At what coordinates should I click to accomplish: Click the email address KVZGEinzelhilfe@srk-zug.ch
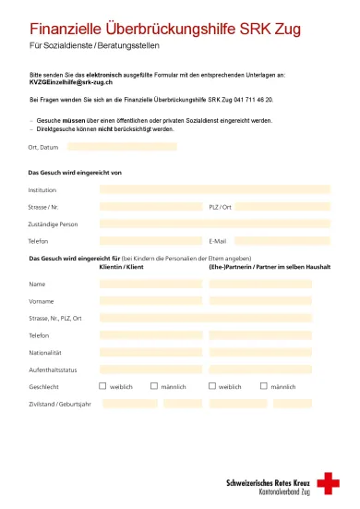click(70, 83)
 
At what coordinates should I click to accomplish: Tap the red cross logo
click(328, 483)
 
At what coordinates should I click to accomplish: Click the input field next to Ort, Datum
click(122, 147)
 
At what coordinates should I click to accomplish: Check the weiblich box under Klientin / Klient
click(102, 386)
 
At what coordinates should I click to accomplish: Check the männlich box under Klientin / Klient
click(153, 386)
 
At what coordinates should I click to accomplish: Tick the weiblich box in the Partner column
click(211, 386)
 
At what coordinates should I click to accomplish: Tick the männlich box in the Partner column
click(263, 386)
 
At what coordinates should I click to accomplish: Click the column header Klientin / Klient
click(122, 266)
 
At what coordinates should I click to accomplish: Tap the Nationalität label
click(45, 353)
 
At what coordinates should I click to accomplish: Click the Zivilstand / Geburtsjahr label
click(60, 404)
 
